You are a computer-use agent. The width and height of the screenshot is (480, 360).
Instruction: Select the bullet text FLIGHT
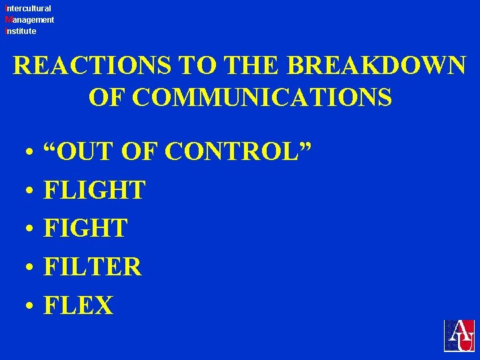(94, 191)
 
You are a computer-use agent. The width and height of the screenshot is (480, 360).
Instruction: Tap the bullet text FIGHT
(85, 229)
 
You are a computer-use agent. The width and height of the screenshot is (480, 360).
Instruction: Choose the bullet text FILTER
(93, 267)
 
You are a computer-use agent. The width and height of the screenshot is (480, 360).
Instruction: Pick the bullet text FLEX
(79, 305)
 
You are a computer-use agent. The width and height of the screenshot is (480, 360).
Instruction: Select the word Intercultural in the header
(28, 9)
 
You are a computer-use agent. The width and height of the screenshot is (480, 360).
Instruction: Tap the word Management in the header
(29, 20)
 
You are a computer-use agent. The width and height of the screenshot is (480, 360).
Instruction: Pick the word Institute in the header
(21, 31)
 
